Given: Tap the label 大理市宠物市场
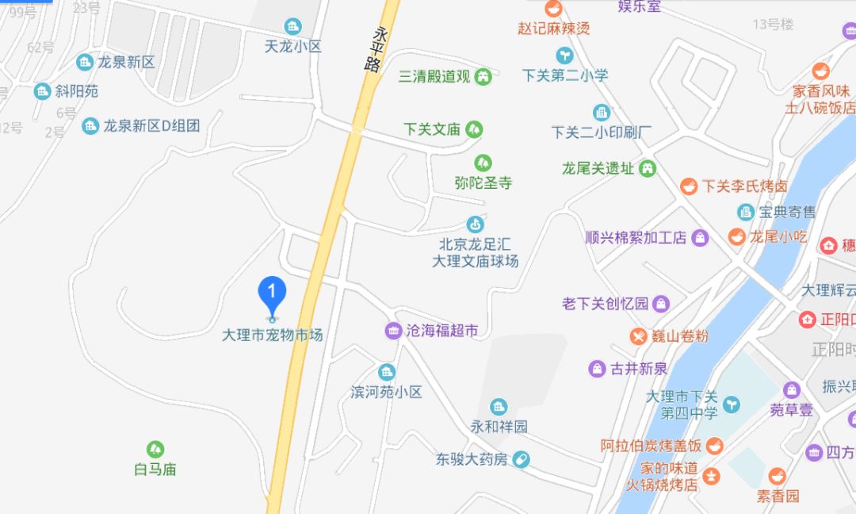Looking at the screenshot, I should (x=273, y=336).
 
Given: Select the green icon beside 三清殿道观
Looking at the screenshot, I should (x=483, y=77).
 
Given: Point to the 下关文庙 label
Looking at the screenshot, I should (x=431, y=128).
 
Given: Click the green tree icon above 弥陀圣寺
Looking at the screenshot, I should (x=483, y=163).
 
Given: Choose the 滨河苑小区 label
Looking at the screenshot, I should (x=386, y=392).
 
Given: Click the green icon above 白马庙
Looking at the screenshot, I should (x=155, y=450).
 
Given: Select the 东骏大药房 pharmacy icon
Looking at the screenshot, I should (x=521, y=458).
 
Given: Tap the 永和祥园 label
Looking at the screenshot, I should (x=499, y=427).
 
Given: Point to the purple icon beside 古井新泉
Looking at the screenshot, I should (x=597, y=368).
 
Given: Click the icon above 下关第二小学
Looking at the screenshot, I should (x=565, y=55).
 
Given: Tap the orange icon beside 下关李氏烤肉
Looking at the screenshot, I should (x=689, y=186).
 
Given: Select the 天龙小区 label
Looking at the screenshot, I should (x=293, y=47).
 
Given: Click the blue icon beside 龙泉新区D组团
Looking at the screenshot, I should (x=91, y=125).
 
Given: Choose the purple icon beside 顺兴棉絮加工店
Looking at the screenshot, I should (x=700, y=237).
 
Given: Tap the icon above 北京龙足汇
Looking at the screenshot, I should (x=475, y=224).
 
